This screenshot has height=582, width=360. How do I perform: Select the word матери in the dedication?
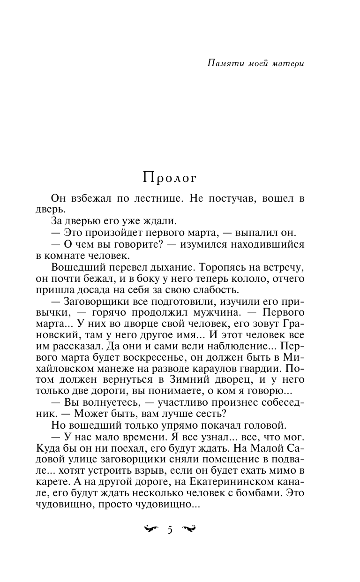coord(288,64)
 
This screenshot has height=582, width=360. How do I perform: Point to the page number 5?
coord(170,530)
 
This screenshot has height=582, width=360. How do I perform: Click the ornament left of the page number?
coord(151,530)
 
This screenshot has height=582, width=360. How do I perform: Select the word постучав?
coord(228,199)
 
